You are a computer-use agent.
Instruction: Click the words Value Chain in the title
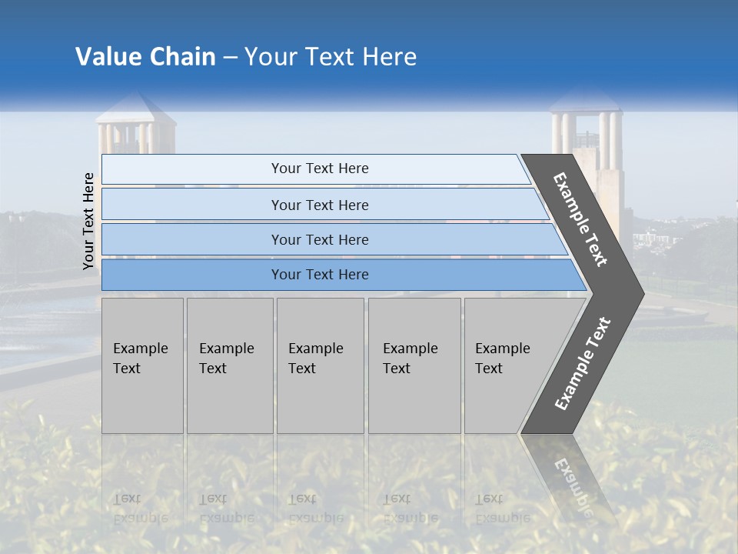(x=145, y=57)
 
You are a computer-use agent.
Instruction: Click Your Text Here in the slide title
(x=331, y=57)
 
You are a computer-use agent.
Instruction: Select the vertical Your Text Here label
(x=88, y=221)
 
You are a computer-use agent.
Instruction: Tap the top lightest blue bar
(x=319, y=169)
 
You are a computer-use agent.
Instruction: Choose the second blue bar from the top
(x=319, y=205)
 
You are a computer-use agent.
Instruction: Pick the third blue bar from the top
(x=319, y=240)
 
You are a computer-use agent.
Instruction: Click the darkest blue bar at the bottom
(x=319, y=275)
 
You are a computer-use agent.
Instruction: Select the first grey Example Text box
(x=142, y=365)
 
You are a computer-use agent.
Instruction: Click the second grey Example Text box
(x=229, y=365)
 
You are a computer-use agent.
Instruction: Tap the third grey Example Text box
(x=319, y=365)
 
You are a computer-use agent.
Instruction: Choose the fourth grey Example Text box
(x=414, y=365)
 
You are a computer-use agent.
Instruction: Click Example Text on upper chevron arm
(x=581, y=219)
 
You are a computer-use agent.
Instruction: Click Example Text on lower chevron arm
(x=582, y=364)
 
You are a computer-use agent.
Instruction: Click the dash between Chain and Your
(x=230, y=58)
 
